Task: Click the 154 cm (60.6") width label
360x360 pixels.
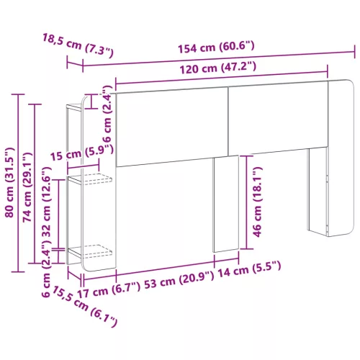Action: tap(216, 47)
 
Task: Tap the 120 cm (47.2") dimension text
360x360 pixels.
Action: tap(218, 68)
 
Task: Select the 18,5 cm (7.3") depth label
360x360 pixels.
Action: tap(78, 45)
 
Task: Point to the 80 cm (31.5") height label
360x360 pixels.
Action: tap(10, 183)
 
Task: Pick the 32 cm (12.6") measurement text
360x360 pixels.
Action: tap(47, 202)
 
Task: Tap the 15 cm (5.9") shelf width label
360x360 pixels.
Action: tap(82, 153)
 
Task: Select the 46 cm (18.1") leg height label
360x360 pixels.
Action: tap(257, 202)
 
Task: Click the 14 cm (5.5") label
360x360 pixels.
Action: tap(249, 270)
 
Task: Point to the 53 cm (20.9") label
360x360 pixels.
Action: tap(179, 280)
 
